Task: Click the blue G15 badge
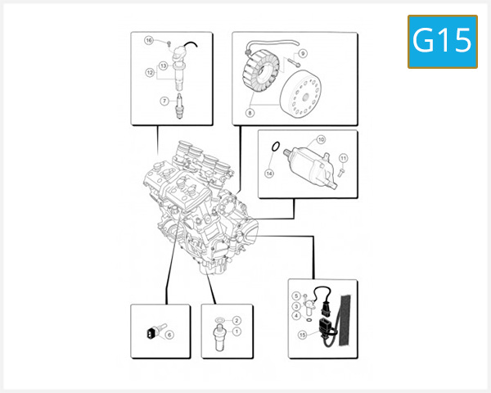pos(442,40)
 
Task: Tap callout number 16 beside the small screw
pos(149,40)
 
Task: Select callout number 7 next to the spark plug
pos(164,102)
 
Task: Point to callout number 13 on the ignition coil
pos(164,65)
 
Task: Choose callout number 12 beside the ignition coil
pos(150,73)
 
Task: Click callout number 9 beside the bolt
pos(303,53)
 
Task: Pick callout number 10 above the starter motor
pos(321,140)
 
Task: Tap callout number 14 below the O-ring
pos(268,173)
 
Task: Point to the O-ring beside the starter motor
pos(276,148)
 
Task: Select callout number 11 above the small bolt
pos(344,157)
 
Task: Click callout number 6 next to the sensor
pos(169,335)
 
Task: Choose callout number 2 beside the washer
pos(236,320)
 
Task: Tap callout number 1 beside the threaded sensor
pos(236,332)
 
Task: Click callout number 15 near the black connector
pos(302,335)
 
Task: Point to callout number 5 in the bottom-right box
pos(296,296)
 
